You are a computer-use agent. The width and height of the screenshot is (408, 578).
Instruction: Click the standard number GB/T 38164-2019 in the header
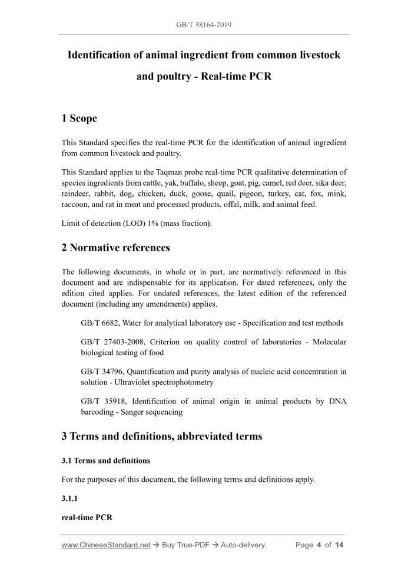click(x=204, y=25)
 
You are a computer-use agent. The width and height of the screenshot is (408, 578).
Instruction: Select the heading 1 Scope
click(x=79, y=119)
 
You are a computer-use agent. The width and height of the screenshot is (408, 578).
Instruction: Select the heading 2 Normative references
click(x=115, y=248)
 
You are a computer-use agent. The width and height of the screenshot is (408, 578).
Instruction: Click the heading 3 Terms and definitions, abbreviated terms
click(x=161, y=436)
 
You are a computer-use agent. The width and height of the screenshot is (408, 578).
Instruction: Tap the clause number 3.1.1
click(x=69, y=498)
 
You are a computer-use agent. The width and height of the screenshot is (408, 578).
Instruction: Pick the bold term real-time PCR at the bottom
click(x=87, y=517)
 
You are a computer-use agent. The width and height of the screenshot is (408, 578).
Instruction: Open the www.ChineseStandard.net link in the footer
click(x=106, y=545)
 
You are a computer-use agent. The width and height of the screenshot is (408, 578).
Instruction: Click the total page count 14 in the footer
click(x=339, y=545)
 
